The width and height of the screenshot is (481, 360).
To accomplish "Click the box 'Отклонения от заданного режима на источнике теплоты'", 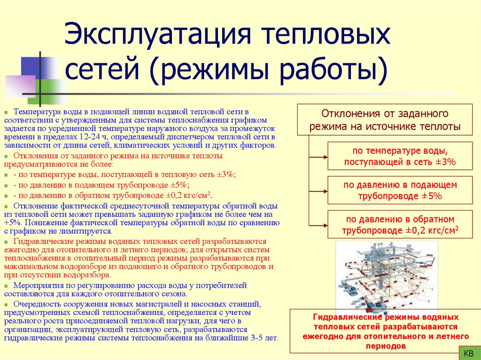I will (x=385, y=120).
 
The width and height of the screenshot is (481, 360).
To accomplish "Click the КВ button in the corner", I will (x=468, y=352).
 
